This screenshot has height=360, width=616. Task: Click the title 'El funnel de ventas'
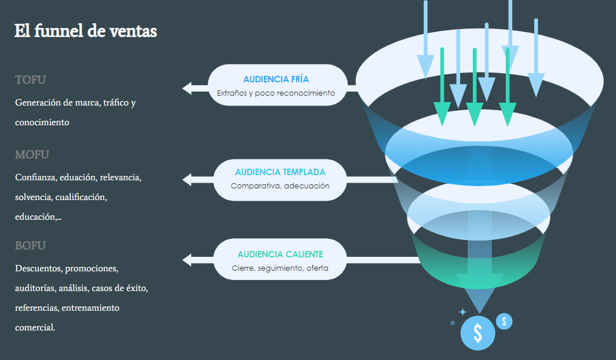[x=86, y=31]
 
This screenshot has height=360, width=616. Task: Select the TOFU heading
[x=30, y=80]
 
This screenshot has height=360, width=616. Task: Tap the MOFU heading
[x=32, y=154]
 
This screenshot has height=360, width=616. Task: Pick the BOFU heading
[x=30, y=246]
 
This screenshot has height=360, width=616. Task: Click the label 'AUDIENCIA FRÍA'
[x=276, y=79]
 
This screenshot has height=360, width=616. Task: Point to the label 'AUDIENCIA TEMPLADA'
[x=280, y=172]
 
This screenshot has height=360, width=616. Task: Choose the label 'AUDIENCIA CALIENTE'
[x=280, y=254]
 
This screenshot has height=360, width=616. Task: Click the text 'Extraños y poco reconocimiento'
[x=276, y=93]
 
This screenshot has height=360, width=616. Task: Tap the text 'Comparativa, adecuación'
[x=280, y=186]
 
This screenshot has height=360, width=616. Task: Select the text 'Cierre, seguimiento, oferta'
[x=280, y=268]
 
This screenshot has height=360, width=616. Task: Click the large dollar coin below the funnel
[x=478, y=333]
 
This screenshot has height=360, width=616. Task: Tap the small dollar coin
[x=504, y=322]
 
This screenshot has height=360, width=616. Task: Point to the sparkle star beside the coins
[x=463, y=312]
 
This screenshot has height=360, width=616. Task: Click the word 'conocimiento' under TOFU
[x=42, y=122]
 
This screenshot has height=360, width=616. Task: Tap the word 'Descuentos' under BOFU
[x=38, y=268]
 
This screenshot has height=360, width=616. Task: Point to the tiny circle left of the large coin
[x=453, y=323]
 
